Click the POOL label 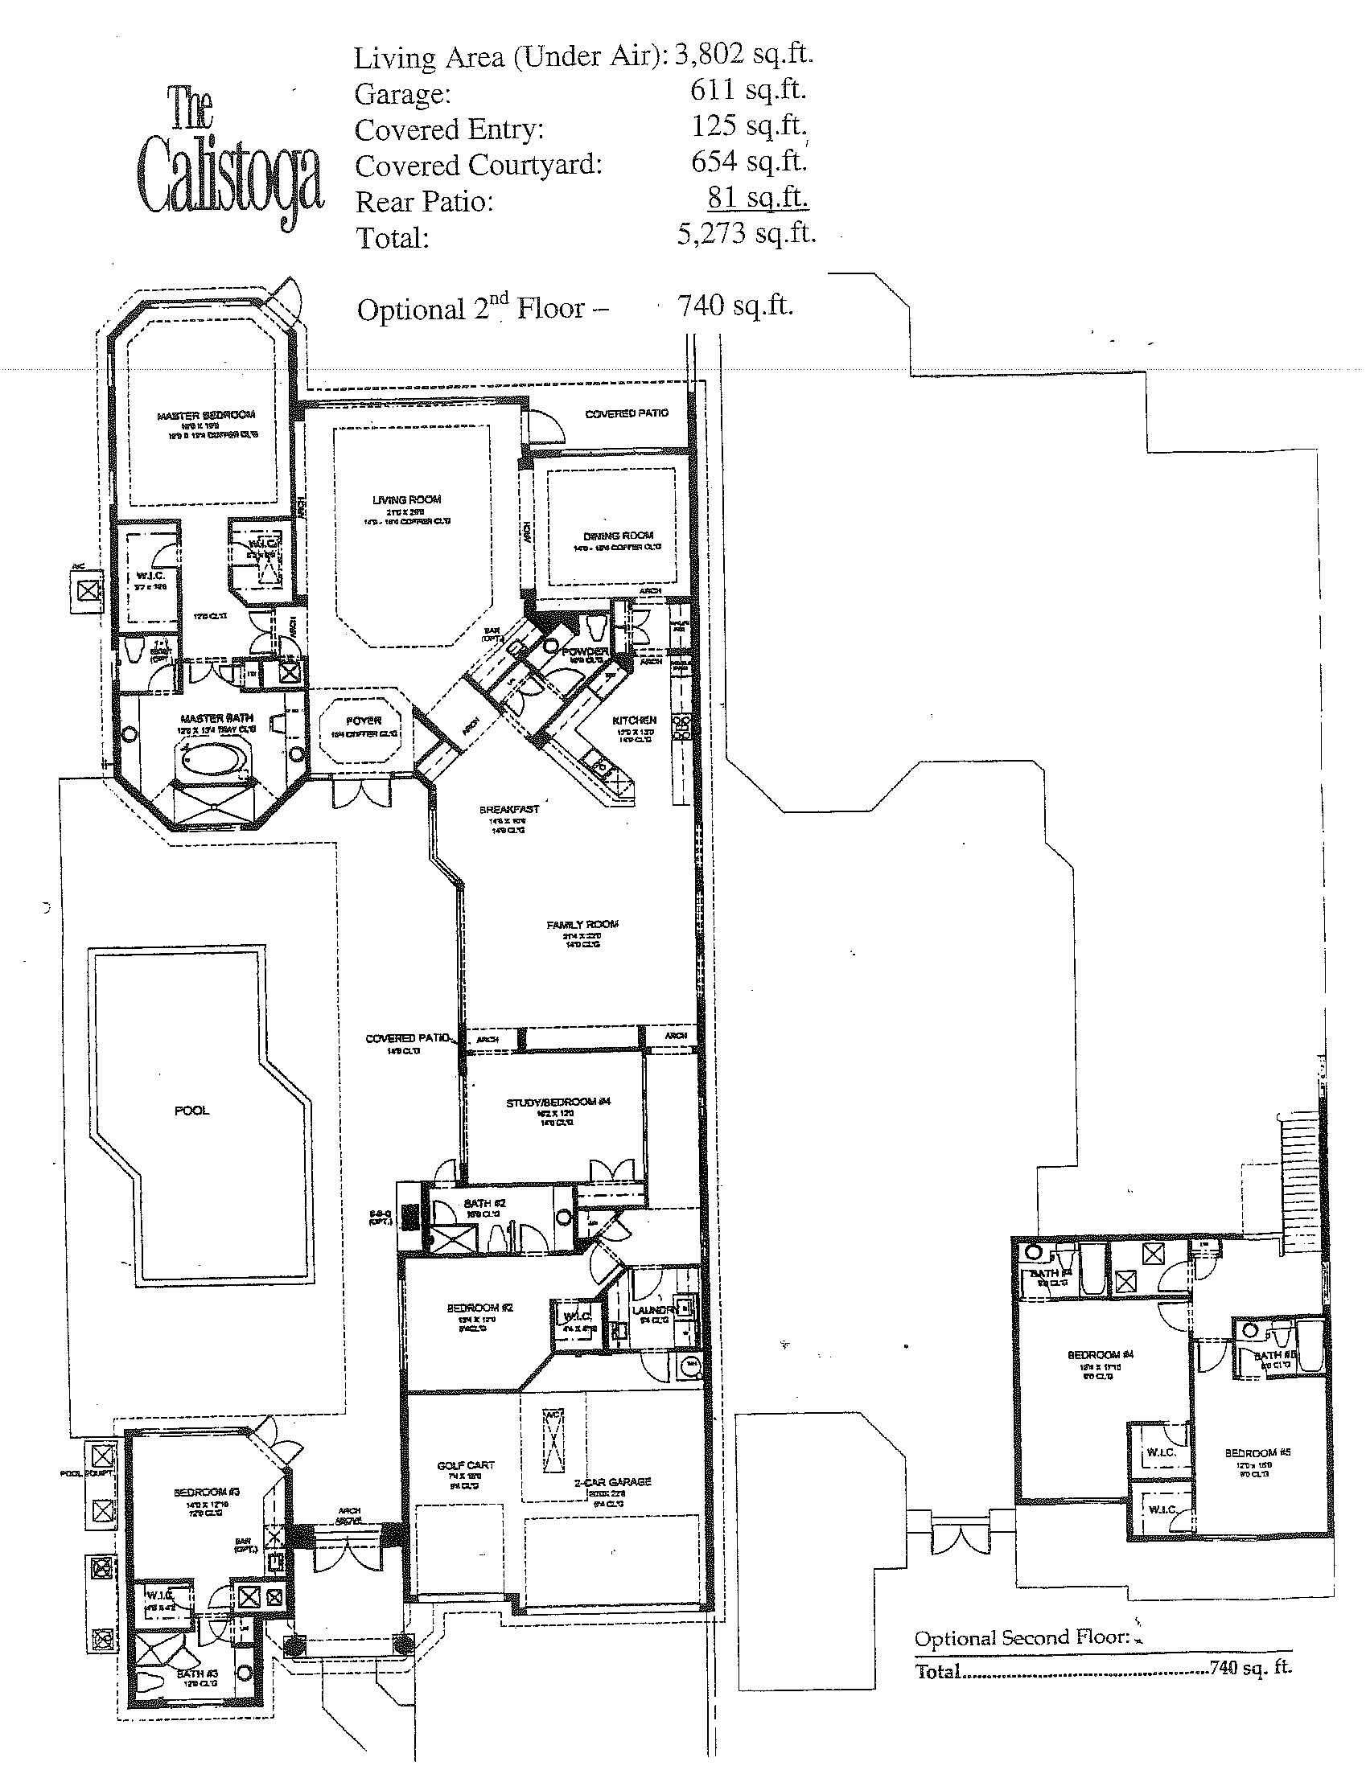192,1111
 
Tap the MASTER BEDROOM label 206,415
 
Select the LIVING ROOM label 406,500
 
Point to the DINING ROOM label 618,536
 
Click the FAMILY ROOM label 582,924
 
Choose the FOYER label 363,721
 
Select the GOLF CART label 465,1465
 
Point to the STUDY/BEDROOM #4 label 558,1103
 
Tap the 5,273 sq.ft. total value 746,233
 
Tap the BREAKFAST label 509,809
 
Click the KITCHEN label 634,720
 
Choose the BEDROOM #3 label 206,1492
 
